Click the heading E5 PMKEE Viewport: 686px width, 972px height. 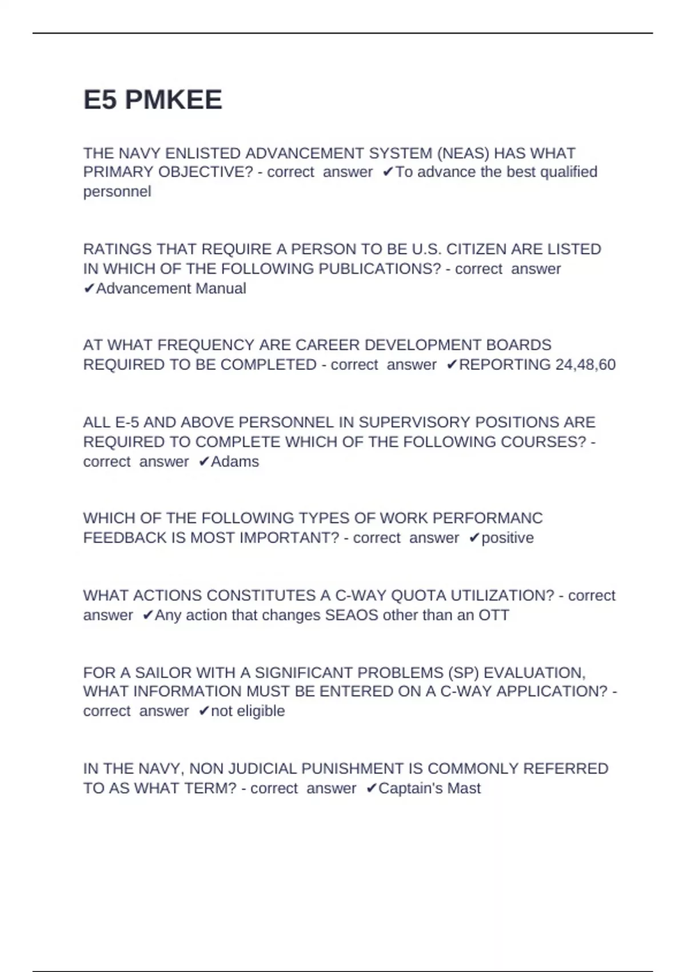click(x=153, y=100)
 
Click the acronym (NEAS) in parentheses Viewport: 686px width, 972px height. click(x=462, y=153)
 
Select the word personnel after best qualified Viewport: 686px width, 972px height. click(x=117, y=192)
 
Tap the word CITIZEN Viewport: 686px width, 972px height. click(x=476, y=249)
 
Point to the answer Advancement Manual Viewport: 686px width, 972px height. click(x=171, y=289)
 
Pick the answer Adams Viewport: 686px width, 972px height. click(x=235, y=462)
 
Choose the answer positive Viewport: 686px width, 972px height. click(x=508, y=538)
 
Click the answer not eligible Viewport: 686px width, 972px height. click(x=248, y=711)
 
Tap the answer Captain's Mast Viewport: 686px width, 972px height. click(x=429, y=788)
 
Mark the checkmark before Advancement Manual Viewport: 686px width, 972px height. click(x=89, y=289)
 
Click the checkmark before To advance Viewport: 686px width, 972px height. click(x=388, y=172)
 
